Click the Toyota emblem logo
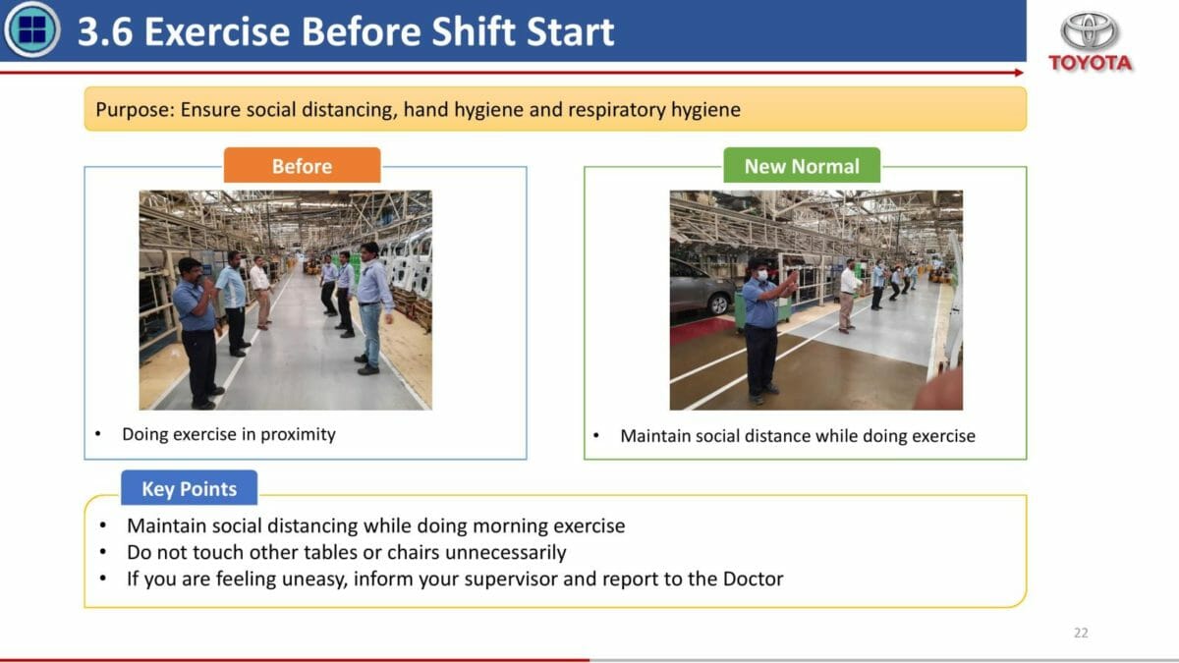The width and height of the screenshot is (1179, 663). click(x=1089, y=30)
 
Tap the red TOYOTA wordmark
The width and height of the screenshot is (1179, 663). click(x=1090, y=63)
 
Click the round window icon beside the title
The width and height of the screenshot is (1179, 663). click(x=31, y=29)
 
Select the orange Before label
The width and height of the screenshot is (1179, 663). click(x=303, y=166)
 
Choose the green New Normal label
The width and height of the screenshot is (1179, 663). click(x=802, y=166)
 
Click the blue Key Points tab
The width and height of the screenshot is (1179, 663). click(x=190, y=488)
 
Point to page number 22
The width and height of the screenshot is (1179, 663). click(x=1081, y=633)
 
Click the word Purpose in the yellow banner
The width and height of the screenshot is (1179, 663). click(x=135, y=110)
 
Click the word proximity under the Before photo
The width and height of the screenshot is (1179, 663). click(x=298, y=434)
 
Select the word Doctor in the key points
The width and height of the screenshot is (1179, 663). click(x=754, y=579)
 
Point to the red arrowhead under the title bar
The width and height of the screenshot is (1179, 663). click(x=1019, y=73)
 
